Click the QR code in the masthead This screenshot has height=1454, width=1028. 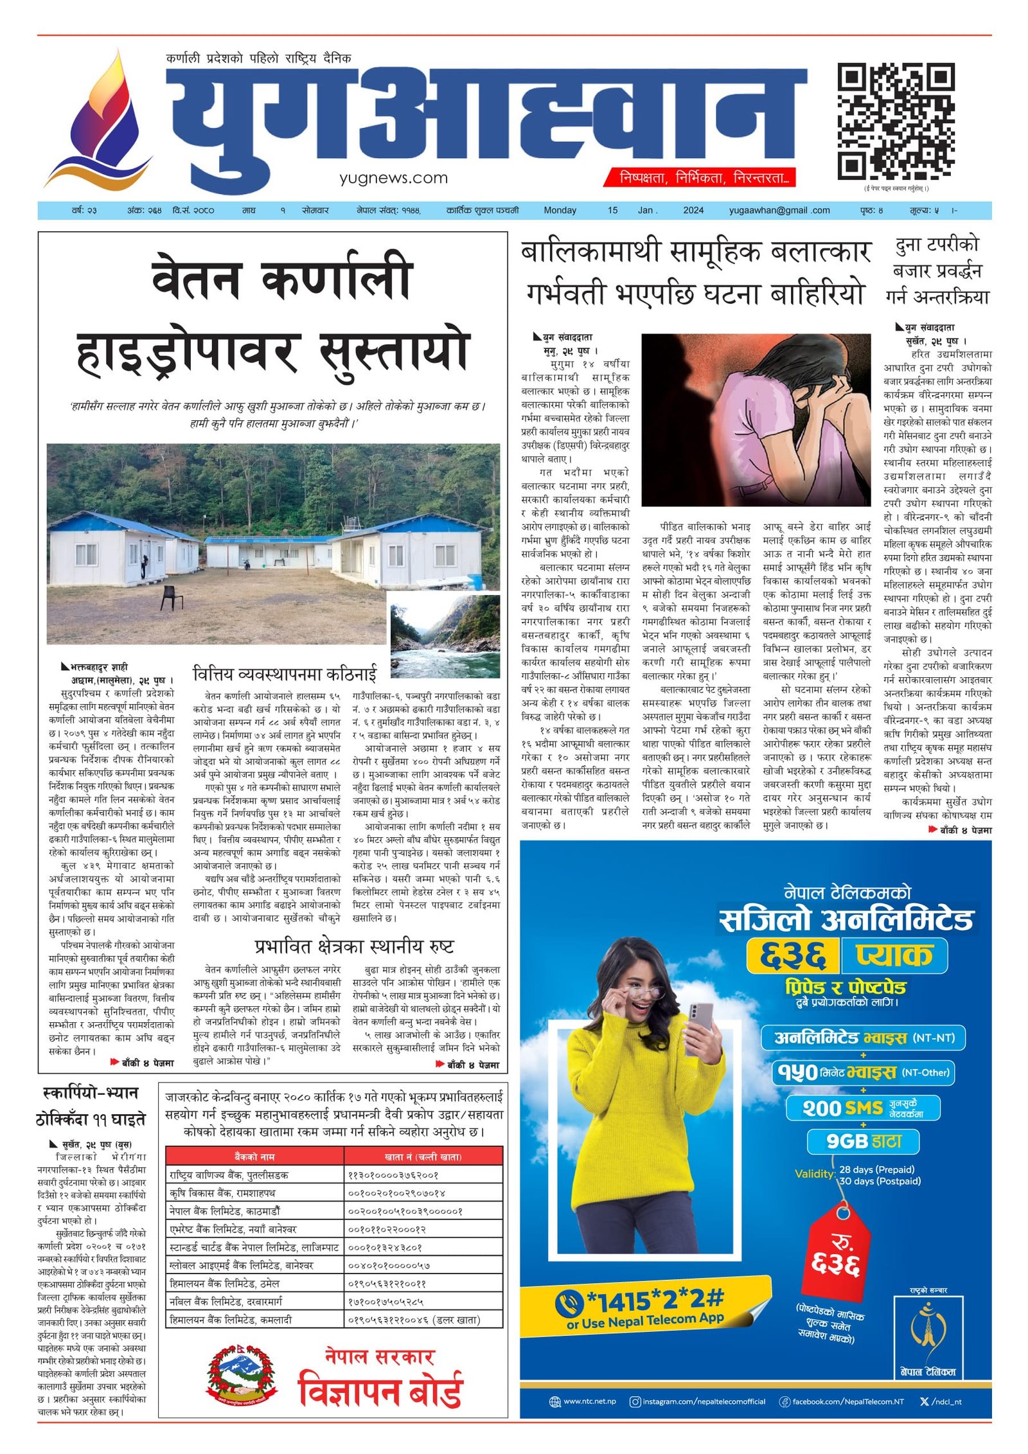point(895,121)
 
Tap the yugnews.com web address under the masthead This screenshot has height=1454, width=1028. point(393,178)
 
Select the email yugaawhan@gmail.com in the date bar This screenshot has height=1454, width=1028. point(779,210)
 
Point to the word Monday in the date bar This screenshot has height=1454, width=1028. point(560,210)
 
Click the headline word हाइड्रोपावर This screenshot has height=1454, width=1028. point(188,353)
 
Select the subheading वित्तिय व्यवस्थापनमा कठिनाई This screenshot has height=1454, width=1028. point(285,674)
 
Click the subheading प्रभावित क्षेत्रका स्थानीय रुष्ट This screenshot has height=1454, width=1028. point(354,947)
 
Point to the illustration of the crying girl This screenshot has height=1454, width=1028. point(756,419)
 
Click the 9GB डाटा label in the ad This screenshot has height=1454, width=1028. point(863,1141)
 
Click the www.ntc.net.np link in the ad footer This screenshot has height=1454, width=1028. point(589,1402)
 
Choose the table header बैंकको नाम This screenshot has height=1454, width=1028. point(254,1157)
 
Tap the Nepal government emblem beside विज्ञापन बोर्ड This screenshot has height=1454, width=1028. point(241,1376)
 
